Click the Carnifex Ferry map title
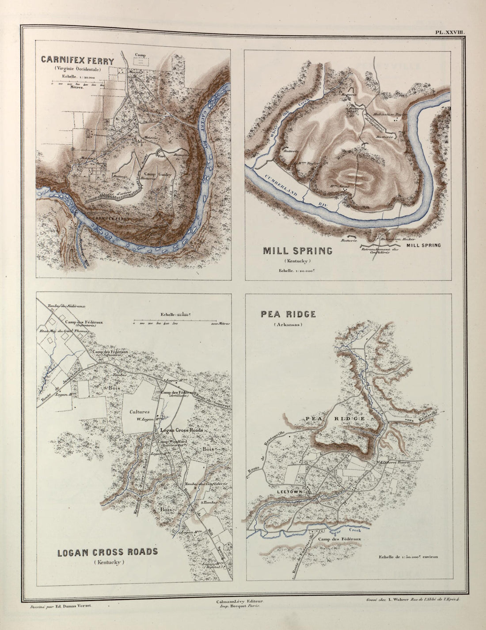[77, 61]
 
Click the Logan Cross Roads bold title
[107, 552]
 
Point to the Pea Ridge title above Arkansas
[288, 314]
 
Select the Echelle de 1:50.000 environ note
[408, 557]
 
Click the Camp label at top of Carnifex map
[140, 55]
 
